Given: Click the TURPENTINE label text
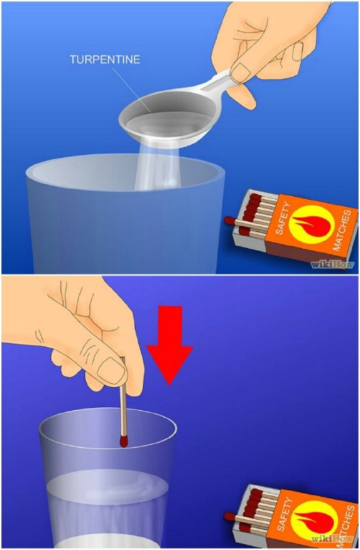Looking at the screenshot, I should tap(104, 59).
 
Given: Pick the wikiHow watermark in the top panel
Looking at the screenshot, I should tap(333, 265).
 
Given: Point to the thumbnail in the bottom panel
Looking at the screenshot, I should tap(111, 371).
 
